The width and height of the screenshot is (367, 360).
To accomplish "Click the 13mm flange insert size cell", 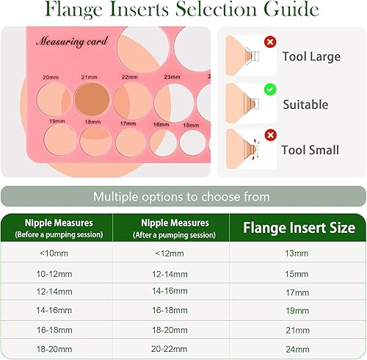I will (297, 253).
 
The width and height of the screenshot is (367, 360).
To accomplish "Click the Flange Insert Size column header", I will (297, 228).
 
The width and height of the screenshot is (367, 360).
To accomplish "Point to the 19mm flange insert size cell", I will (297, 312).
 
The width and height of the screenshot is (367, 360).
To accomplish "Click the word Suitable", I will (305, 104).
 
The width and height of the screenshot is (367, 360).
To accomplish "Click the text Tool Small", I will (310, 150).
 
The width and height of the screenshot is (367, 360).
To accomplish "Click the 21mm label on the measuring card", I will (89, 76).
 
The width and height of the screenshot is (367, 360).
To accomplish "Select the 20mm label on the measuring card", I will (51, 76).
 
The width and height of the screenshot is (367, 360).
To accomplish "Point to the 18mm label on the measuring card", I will (92, 121).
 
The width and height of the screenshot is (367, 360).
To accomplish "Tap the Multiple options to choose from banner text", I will (181, 196).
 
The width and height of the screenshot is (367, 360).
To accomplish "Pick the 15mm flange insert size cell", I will (297, 273).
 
